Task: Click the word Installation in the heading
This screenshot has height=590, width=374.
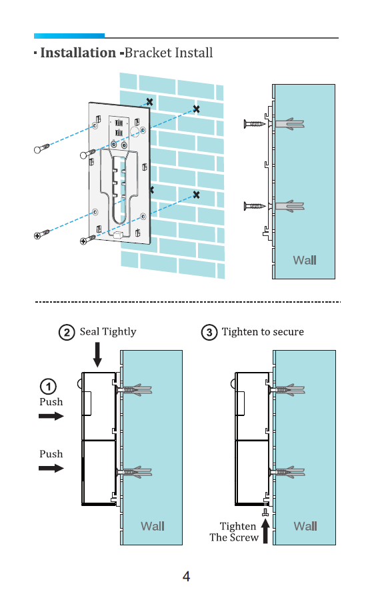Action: [78, 53]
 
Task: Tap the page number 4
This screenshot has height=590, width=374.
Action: [186, 576]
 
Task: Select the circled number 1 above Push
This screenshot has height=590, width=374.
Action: [48, 387]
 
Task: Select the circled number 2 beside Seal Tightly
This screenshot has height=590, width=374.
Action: [67, 332]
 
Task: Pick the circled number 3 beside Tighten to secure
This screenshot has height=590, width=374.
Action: [209, 332]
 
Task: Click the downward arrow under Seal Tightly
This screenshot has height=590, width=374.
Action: [97, 355]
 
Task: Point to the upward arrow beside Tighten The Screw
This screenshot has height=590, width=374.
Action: [265, 531]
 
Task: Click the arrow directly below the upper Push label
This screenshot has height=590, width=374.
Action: [51, 416]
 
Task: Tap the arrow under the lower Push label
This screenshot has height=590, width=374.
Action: [51, 468]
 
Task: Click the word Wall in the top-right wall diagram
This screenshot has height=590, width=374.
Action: [305, 260]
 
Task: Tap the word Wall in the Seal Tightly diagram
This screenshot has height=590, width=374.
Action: [153, 526]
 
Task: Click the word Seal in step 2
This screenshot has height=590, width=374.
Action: [89, 331]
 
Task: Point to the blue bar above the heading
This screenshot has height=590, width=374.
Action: [69, 36]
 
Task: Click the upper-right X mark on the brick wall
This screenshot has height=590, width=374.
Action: [196, 109]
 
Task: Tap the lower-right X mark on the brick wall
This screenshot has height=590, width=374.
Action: [196, 195]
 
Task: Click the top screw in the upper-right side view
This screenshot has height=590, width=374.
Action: [255, 123]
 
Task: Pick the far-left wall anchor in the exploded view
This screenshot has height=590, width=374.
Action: [42, 148]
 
